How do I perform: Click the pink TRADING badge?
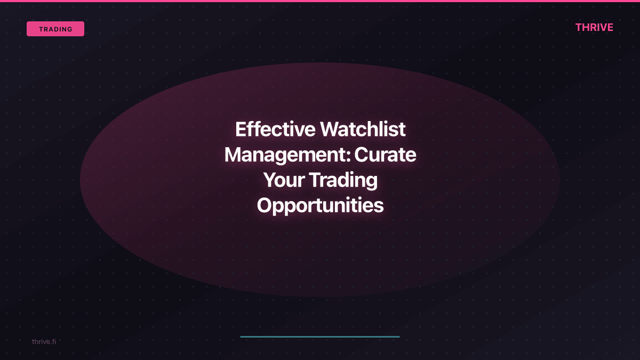(55, 29)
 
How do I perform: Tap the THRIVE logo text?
(594, 27)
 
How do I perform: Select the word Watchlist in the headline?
(363, 130)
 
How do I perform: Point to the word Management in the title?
(286, 155)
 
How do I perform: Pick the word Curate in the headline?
(386, 155)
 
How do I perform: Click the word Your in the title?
(284, 180)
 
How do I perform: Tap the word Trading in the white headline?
(343, 180)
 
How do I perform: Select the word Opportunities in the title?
(320, 205)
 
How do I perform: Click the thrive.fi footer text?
(44, 341)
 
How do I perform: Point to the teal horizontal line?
(320, 337)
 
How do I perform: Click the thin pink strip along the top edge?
(320, 1)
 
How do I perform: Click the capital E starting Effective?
(241, 130)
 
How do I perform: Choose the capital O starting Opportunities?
(265, 205)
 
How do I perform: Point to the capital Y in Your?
(270, 180)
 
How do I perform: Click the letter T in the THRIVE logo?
(579, 27)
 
